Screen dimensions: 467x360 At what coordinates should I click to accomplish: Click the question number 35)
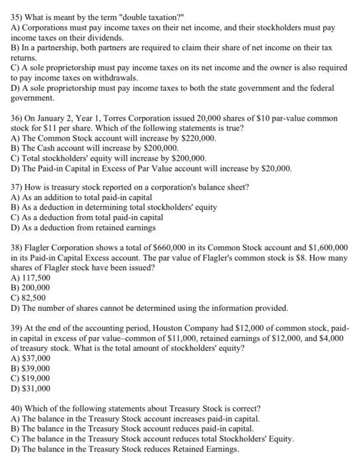pyautogui.click(x=18, y=9)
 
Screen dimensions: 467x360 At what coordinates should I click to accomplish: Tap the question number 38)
pyautogui.click(x=18, y=247)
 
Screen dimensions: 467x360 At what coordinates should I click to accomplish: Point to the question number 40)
pyautogui.click(x=18, y=408)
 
